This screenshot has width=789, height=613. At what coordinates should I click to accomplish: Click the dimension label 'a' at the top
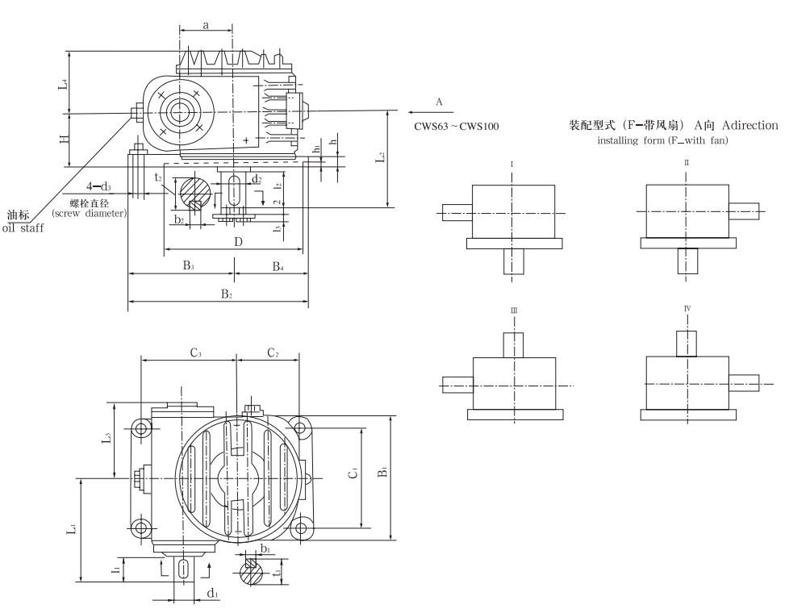pos(206,25)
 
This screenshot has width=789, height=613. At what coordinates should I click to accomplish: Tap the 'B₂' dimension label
pos(228,295)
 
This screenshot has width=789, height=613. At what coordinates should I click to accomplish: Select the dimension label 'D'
pos(238,242)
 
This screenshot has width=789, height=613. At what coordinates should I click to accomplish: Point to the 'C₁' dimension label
pos(353,474)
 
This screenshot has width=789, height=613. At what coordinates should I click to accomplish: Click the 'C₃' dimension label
pos(195,352)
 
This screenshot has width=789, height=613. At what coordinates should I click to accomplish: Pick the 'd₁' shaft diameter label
pos(212,594)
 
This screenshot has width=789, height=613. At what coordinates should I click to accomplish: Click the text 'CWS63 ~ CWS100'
pos(457,127)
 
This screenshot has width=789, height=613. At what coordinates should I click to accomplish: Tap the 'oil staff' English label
pos(23,227)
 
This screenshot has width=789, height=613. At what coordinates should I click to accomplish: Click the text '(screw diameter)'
pos(89,214)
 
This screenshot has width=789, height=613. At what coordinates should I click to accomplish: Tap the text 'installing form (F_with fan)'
pos(662,141)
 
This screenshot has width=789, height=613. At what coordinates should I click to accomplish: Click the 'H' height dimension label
pos(64,139)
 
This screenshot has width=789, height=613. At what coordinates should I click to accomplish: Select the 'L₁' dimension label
pos(72,530)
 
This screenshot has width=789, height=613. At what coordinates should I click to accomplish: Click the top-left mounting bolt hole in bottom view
pos(141,428)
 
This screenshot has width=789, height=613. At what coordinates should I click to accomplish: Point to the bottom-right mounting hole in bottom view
pos(302,529)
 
